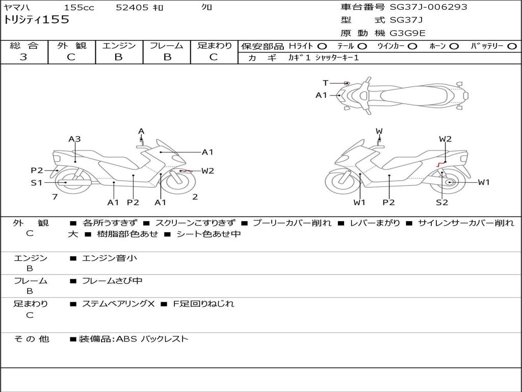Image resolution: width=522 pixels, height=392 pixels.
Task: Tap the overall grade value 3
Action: coord(23,57)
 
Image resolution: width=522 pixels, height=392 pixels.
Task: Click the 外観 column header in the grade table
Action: coord(71,45)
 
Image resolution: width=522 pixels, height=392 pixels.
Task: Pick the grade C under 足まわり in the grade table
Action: coord(214,57)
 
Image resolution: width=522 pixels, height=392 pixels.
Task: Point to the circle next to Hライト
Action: coord(322,46)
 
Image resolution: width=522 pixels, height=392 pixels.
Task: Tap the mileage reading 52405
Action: coord(132,8)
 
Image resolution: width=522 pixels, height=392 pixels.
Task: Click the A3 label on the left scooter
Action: coord(74,139)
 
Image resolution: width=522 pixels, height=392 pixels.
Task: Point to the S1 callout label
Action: coord(36,183)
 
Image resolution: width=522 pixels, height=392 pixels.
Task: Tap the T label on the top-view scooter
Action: coord(325,83)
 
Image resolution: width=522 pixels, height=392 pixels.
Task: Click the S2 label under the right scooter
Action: coord(441,202)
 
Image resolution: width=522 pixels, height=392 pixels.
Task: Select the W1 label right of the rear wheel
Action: coord(483,182)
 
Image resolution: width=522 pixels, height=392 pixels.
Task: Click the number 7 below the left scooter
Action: coord(55,197)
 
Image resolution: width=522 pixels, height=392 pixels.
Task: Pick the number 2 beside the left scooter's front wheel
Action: coord(195,197)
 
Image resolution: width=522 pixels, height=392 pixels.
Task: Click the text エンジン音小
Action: coord(110,258)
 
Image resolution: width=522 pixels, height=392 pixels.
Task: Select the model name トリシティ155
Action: coord(36,20)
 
